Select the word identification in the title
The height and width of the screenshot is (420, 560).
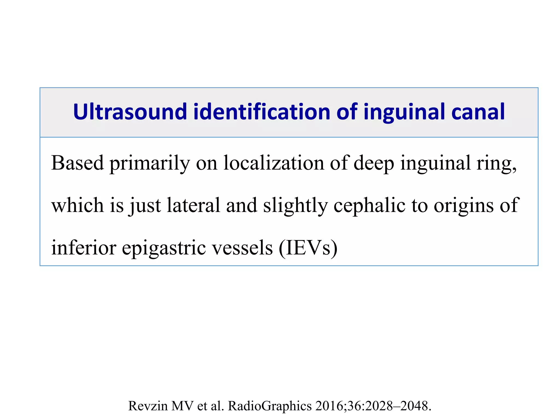click(262, 112)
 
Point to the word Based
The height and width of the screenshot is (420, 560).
click(77, 163)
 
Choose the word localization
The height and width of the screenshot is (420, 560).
click(274, 163)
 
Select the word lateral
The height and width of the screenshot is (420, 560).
click(193, 205)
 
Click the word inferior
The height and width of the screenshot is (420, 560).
click(84, 248)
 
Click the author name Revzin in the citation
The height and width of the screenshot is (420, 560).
click(148, 406)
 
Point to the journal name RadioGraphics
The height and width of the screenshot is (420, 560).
click(270, 406)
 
